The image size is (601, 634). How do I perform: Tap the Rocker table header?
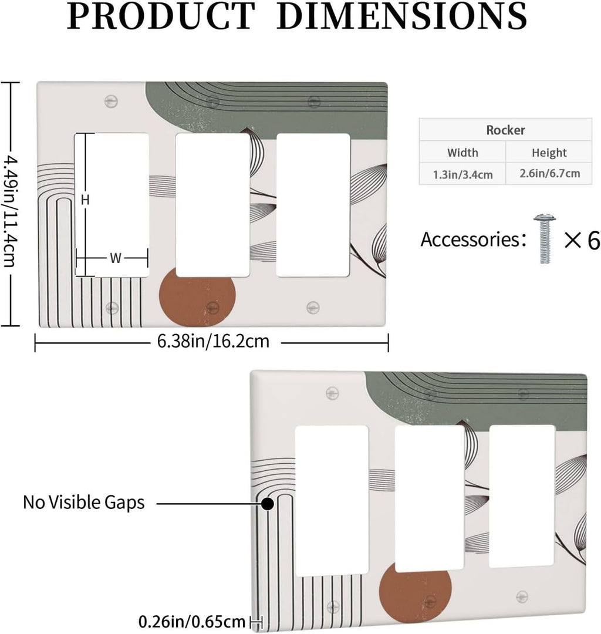[x=505, y=130]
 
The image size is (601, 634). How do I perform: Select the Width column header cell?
[x=462, y=153]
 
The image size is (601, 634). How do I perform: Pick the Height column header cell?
[x=549, y=153]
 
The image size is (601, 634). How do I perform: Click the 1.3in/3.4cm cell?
[x=462, y=174]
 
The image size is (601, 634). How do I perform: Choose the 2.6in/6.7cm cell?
[x=549, y=173]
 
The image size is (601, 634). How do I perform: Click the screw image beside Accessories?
[x=545, y=239]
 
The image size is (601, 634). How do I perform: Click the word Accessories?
[x=471, y=240]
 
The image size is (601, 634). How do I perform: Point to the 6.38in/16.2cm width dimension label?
[x=213, y=341]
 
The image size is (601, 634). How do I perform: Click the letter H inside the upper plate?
[x=85, y=200]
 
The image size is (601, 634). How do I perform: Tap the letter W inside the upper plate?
[x=116, y=258]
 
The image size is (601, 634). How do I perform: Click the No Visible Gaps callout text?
[x=84, y=503]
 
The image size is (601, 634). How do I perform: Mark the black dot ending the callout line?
[x=268, y=504]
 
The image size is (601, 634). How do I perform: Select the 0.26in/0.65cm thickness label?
[x=191, y=622]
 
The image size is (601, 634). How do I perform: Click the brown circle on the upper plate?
[x=197, y=297]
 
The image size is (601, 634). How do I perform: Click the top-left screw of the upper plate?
[x=111, y=101]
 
